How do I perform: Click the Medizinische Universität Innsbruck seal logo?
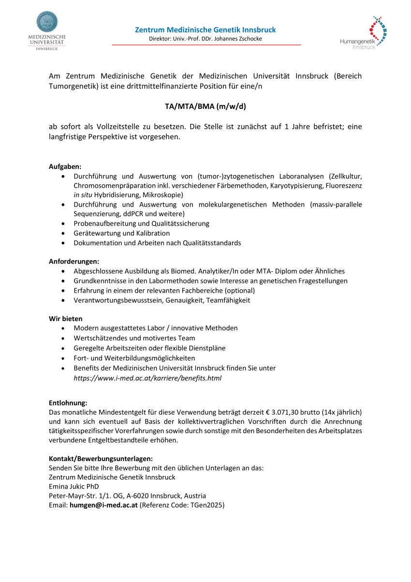pos(47,22)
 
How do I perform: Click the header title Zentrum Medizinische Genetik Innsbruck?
pos(205,30)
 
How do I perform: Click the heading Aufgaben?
pos(65,166)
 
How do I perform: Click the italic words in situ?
pos(83,195)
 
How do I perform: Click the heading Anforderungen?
pos(73,261)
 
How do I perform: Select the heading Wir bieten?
pos(65,318)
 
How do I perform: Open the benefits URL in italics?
pos(147,378)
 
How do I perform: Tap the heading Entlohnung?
pos(68,403)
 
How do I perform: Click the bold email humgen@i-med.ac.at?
pos(103,505)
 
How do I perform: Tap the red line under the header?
pos(206,45)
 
